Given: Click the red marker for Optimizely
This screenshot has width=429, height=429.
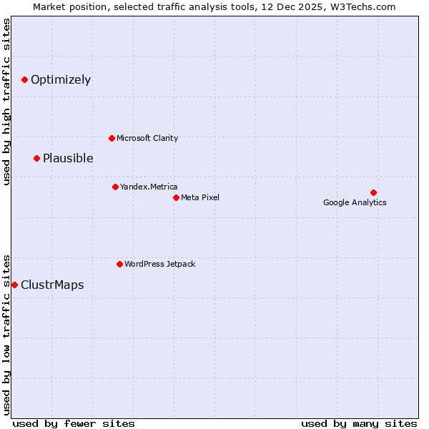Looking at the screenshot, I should (x=24, y=79).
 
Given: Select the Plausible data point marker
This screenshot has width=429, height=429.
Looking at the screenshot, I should (x=36, y=158).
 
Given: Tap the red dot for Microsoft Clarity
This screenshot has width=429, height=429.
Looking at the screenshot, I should (x=112, y=138).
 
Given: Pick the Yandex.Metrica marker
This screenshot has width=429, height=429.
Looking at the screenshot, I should (x=115, y=187).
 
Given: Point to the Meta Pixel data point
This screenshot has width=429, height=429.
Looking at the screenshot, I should (x=176, y=197).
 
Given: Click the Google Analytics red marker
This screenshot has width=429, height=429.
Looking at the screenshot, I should (x=373, y=192).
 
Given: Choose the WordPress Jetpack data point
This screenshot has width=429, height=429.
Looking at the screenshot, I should (x=119, y=264).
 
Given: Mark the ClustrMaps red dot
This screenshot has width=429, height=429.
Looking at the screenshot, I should (x=14, y=285).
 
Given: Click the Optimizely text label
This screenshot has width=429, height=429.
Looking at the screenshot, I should (x=61, y=79).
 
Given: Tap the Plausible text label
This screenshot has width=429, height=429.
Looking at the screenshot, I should (x=68, y=158).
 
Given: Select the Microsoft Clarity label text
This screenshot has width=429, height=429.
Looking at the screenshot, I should (x=147, y=138).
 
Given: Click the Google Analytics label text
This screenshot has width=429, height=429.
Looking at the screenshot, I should (x=355, y=202).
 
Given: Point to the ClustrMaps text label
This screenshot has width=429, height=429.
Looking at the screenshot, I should (x=52, y=285).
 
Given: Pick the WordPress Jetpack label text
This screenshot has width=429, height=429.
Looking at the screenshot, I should (x=159, y=264).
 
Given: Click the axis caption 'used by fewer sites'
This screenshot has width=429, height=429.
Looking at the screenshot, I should (x=74, y=423).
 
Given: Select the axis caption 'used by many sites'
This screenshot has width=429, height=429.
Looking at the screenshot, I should (x=359, y=423).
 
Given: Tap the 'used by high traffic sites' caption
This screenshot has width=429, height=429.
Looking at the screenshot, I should (x=6, y=102).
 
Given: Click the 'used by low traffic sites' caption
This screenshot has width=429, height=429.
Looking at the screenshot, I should (x=6, y=334).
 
